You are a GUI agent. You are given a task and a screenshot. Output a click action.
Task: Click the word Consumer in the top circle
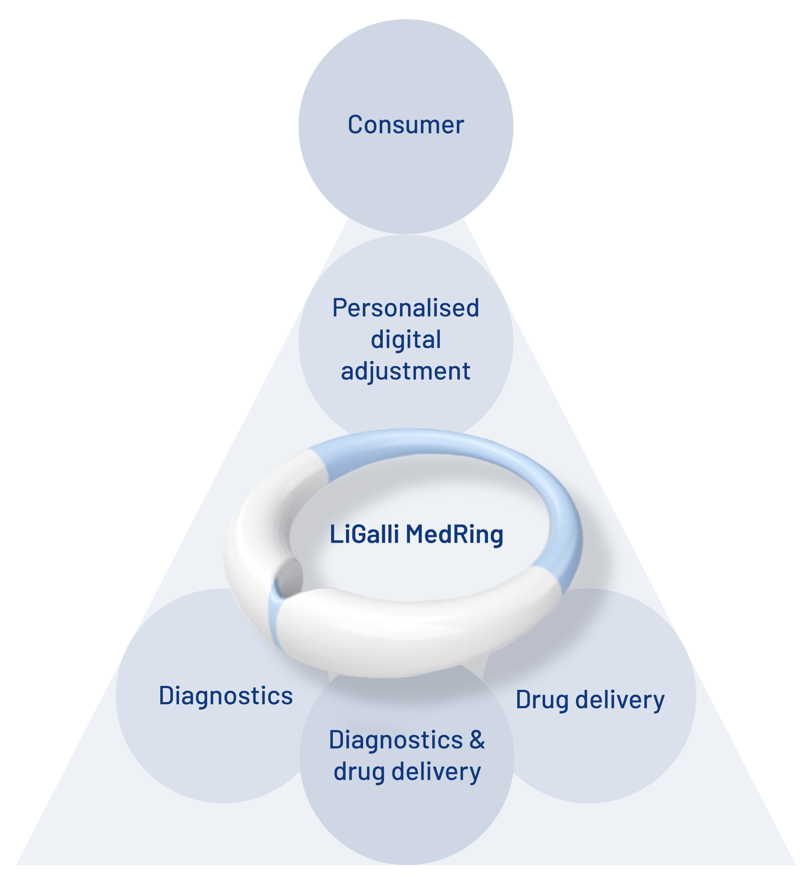(x=406, y=125)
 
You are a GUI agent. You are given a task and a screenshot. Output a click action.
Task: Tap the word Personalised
(x=406, y=308)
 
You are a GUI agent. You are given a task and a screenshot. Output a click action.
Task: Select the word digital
(x=406, y=340)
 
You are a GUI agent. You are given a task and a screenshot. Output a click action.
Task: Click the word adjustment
(x=406, y=372)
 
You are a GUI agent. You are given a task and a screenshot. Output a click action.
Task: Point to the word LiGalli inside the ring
(x=364, y=534)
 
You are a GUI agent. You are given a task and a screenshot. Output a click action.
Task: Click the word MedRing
(x=454, y=535)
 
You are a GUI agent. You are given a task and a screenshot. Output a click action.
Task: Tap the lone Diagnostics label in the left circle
(x=226, y=696)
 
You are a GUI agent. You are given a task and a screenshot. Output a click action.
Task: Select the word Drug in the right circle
(x=542, y=700)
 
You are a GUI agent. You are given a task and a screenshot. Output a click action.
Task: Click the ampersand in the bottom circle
(x=477, y=740)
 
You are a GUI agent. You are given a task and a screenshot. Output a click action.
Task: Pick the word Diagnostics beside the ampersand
(x=395, y=741)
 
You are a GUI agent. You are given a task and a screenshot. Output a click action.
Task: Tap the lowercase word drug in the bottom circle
(x=359, y=772)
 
